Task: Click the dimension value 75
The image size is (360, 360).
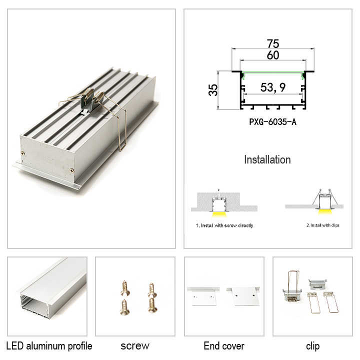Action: point(273,43)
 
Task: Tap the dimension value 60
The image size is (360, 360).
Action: point(273,55)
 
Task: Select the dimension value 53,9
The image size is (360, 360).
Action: point(273,87)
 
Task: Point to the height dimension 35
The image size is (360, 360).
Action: point(213,90)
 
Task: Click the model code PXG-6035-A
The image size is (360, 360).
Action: point(273,122)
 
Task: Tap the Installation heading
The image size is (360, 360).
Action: point(267,160)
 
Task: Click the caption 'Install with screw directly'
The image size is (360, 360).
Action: point(224,225)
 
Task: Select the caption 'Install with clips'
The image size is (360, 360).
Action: point(323,225)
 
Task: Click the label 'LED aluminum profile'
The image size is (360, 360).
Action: point(49,346)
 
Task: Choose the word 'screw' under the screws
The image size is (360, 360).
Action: point(135,346)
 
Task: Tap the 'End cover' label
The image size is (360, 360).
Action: point(224,346)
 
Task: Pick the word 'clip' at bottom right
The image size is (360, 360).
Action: point(312,346)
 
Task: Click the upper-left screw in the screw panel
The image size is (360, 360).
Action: point(125,288)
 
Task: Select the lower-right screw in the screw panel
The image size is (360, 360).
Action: point(152,305)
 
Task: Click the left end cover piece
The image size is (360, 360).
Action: point(203,296)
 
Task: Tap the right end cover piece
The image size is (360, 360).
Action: point(244,296)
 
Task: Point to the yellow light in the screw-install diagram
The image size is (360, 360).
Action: point(219,214)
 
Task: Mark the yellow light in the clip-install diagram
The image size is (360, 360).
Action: point(325,211)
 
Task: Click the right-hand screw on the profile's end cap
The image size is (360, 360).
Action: point(72,170)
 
